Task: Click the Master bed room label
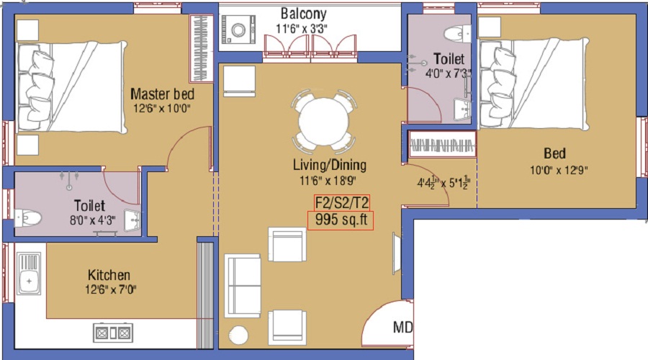click(162, 94)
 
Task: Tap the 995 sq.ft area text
click(341, 220)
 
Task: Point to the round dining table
click(323, 121)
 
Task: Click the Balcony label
click(303, 14)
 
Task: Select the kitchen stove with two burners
click(113, 332)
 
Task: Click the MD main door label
click(402, 328)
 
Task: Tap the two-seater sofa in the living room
click(243, 284)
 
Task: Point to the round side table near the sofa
click(238, 336)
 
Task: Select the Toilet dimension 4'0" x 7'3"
click(449, 73)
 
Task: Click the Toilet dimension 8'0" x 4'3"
click(89, 222)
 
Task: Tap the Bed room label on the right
click(554, 153)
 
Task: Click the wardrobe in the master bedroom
click(199, 48)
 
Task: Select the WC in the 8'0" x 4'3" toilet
click(29, 217)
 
